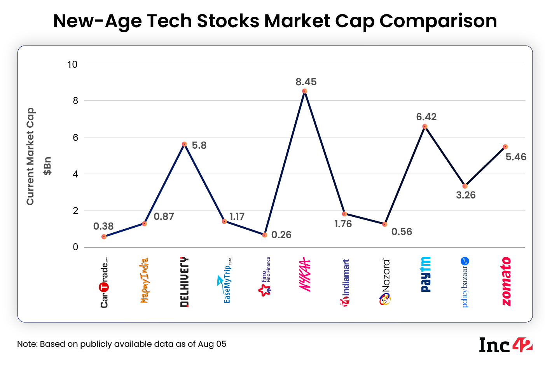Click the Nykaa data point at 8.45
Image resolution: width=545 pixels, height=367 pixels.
[304, 91]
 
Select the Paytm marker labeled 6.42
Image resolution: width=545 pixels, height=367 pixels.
[425, 126]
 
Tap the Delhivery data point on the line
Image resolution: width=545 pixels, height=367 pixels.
[184, 144]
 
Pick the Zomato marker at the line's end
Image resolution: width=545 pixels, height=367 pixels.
[505, 147]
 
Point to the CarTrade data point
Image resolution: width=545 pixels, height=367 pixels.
[104, 237]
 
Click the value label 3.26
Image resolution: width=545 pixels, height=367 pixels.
[465, 195]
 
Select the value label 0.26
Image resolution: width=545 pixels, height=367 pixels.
[281, 235]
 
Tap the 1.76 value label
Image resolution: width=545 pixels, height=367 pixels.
[343, 224]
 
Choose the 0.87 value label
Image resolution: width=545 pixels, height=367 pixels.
[164, 217]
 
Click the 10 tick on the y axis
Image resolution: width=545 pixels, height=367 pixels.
[73, 65]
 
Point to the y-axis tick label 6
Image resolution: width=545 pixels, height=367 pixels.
[75, 137]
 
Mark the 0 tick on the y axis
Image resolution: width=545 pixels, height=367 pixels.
[75, 247]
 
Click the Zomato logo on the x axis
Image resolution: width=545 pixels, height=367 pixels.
[506, 281]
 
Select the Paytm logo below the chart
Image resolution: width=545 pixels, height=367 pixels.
[426, 274]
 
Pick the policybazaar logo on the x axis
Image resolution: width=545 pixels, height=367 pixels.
[465, 282]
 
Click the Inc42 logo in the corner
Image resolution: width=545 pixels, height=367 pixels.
[505, 345]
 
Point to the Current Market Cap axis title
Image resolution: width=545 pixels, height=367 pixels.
[31, 156]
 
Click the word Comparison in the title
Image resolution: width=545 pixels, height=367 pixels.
[438, 21]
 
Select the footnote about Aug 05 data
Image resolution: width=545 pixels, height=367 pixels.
[122, 344]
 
